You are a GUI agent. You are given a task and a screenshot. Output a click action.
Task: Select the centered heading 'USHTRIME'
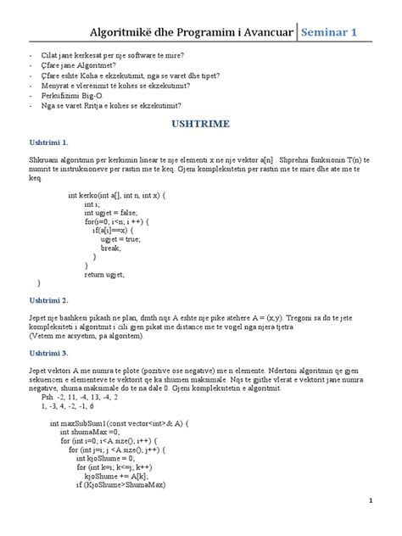[x=201, y=123]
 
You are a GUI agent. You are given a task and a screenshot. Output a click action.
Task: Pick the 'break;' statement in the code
[x=112, y=248]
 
